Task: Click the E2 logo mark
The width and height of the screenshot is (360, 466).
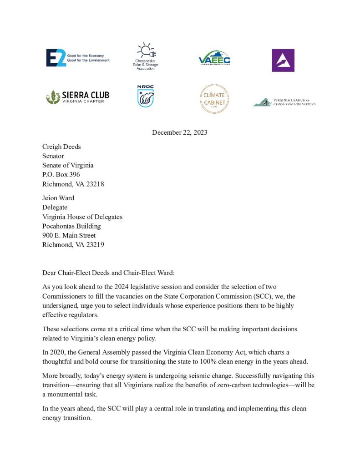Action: pyautogui.click(x=56, y=58)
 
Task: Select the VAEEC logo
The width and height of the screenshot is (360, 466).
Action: pyautogui.click(x=214, y=59)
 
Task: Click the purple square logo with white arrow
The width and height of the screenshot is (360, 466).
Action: pyautogui.click(x=283, y=60)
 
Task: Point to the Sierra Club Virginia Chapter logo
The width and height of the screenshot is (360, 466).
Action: pyautogui.click(x=77, y=96)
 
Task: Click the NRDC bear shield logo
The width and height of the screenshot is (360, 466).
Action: pyautogui.click(x=146, y=96)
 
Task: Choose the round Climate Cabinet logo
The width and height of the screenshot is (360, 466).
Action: pyautogui.click(x=214, y=98)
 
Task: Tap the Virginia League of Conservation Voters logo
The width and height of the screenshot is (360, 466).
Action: pyautogui.click(x=284, y=102)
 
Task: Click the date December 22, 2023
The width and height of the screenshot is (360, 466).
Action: pyautogui.click(x=179, y=132)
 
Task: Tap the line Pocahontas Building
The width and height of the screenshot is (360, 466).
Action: pyautogui.click(x=71, y=226)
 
